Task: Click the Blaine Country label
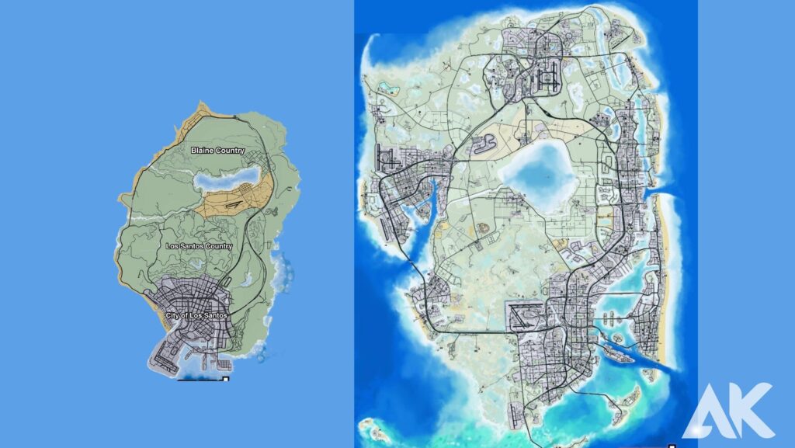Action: pos(217,151)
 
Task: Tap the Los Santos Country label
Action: pos(199,246)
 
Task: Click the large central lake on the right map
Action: pos(543,172)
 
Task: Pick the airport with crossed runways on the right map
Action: pos(528,315)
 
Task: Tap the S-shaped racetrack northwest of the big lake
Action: pos(488,144)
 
